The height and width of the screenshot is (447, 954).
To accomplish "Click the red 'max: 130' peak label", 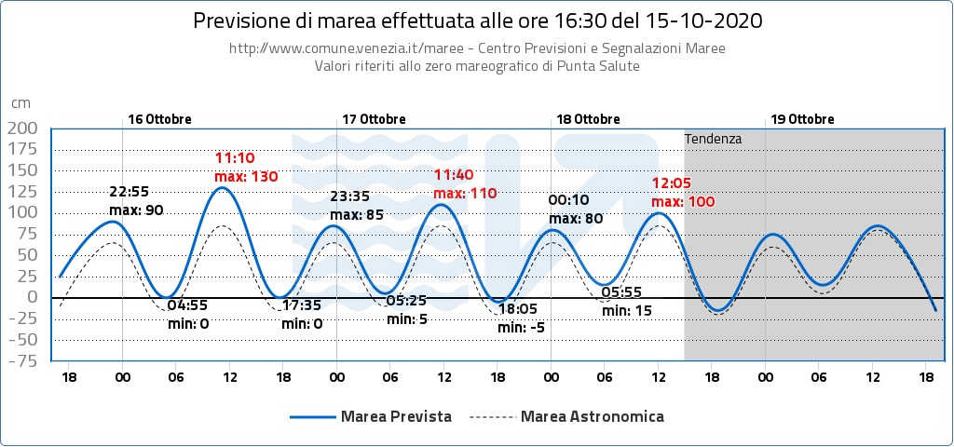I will click(246, 176).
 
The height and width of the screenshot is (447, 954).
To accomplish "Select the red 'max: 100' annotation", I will click(683, 201).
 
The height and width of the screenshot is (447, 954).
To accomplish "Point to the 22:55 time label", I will click(129, 193).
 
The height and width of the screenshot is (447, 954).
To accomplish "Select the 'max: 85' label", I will click(358, 215).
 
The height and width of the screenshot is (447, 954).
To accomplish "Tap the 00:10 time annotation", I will click(569, 200).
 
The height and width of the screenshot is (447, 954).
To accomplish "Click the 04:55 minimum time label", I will click(187, 305).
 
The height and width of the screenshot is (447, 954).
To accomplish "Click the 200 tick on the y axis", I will click(22, 128).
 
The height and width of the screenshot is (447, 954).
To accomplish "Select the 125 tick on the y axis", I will click(22, 191).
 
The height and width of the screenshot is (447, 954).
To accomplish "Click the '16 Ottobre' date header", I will click(160, 119).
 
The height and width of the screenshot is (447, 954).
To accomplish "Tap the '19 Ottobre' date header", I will click(803, 119).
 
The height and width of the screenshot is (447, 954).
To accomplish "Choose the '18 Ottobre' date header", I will click(589, 119).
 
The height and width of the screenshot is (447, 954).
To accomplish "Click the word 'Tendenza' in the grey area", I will click(713, 139).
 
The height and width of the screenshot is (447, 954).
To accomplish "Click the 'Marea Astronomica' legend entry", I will click(593, 416).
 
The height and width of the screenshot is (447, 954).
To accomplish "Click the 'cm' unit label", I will click(20, 103).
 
